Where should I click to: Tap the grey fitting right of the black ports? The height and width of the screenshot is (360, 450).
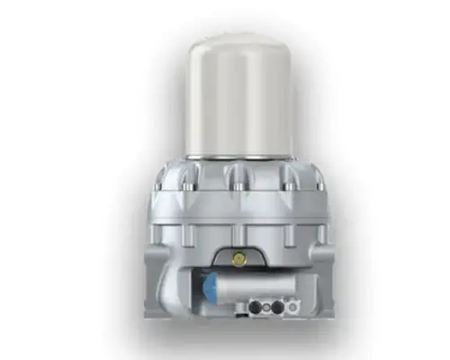[x=293, y=305]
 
